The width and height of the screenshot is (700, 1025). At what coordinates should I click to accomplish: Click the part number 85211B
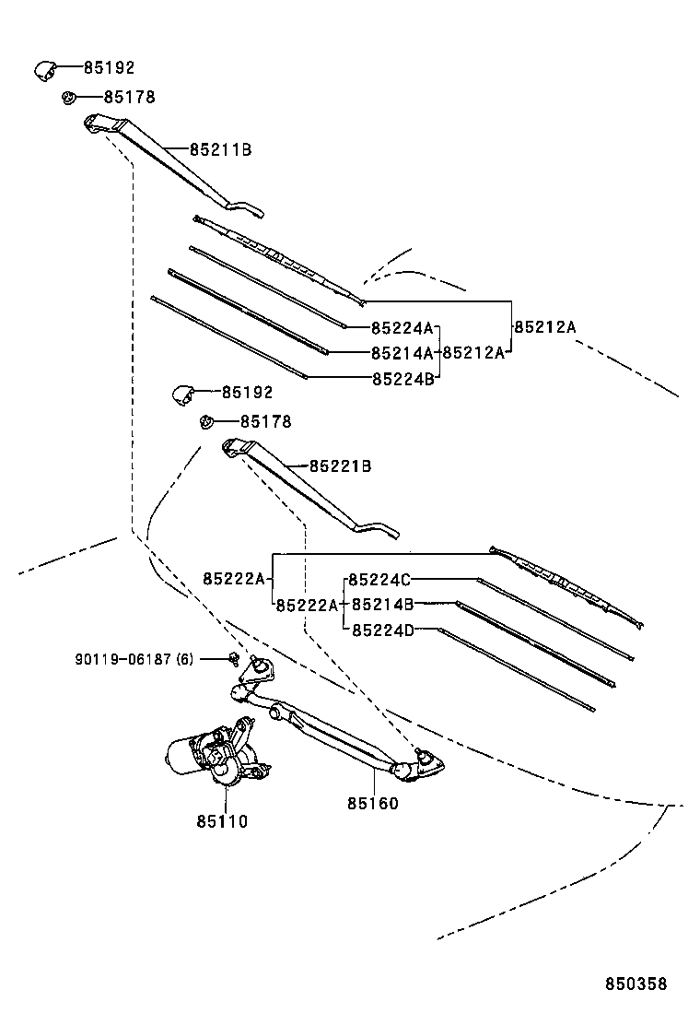(220, 148)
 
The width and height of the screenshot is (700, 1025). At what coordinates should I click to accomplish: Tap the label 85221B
(340, 466)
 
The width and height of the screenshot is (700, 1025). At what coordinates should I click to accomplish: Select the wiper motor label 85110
(222, 820)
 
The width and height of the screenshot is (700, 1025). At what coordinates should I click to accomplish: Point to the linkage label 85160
(373, 804)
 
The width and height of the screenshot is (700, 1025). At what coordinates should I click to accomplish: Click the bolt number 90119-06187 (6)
(134, 659)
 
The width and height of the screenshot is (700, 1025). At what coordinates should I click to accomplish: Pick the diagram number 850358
(636, 984)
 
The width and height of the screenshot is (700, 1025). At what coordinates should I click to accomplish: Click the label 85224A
(402, 327)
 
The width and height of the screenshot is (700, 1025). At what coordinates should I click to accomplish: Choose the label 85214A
(402, 352)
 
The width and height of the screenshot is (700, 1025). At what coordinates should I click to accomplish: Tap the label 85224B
(402, 378)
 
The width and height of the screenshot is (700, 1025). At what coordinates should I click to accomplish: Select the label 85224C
(379, 580)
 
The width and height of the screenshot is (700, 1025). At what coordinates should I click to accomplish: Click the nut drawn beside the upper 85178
(68, 97)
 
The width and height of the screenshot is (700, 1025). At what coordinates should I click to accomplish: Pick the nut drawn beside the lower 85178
(205, 422)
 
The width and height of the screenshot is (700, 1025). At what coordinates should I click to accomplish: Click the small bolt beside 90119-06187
(236, 658)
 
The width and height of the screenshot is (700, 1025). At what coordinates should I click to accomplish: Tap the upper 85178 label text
(129, 97)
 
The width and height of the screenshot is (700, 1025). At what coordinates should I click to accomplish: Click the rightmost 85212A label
(544, 326)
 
